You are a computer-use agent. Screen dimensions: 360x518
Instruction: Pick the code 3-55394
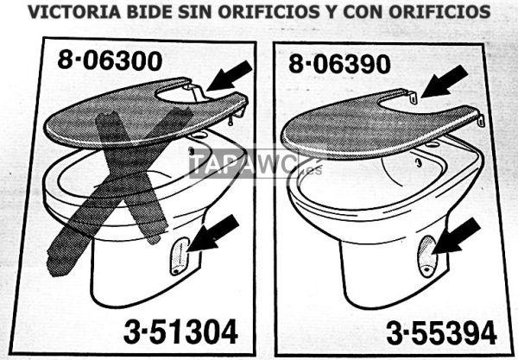440,332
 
